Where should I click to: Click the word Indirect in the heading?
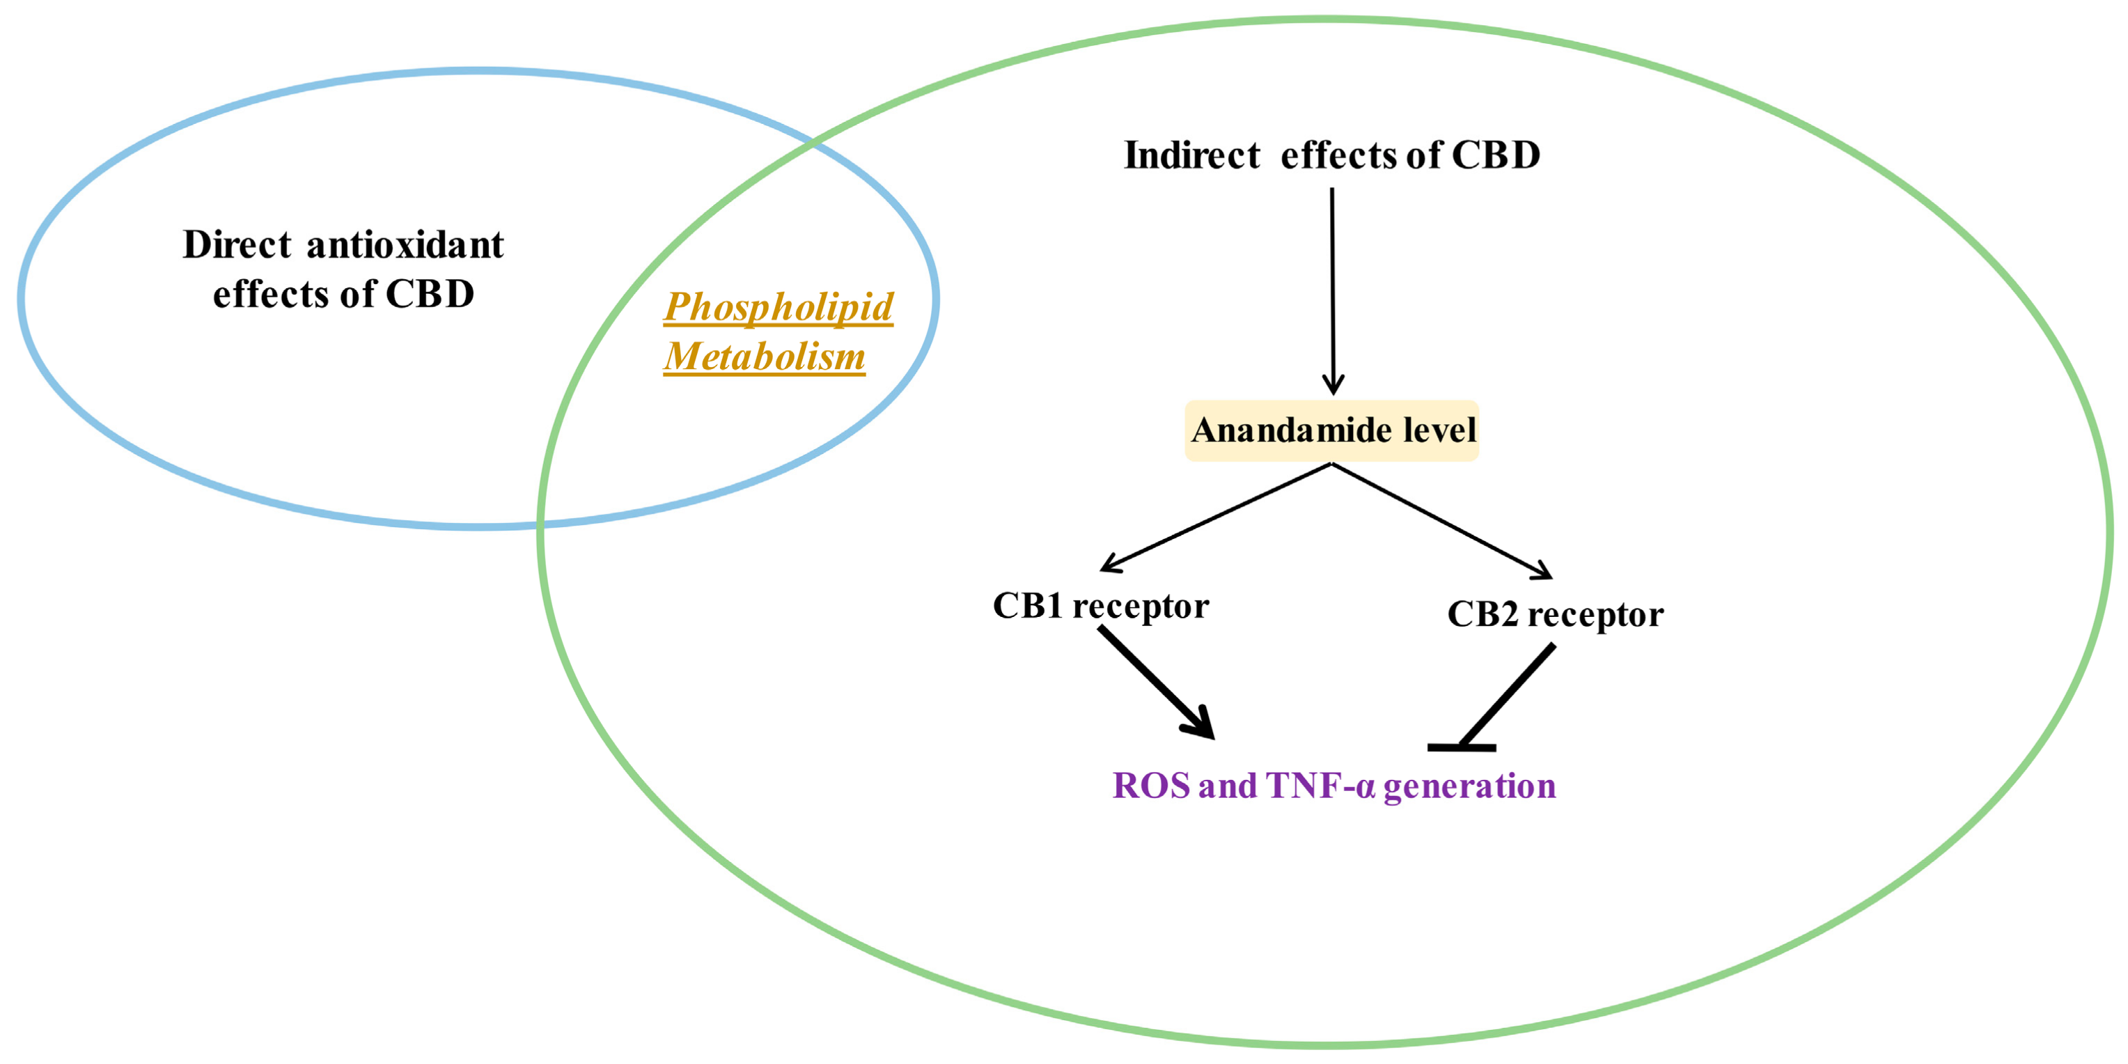pos(1191,155)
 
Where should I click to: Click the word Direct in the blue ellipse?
pos(236,244)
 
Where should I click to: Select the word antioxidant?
pos(405,244)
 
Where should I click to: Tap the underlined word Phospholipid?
pos(779,306)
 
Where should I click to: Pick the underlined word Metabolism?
pos(764,356)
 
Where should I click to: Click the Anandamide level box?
pos(1331,430)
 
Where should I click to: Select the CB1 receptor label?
pos(1100,606)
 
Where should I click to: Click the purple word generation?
pos(1469,785)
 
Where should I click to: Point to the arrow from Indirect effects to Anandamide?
pos(1331,289)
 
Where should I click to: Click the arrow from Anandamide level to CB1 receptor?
pos(1214,517)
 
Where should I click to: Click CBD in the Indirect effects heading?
pos(1495,155)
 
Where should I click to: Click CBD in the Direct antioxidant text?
pos(430,294)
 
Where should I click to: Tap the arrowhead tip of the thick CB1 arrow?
pos(1210,735)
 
